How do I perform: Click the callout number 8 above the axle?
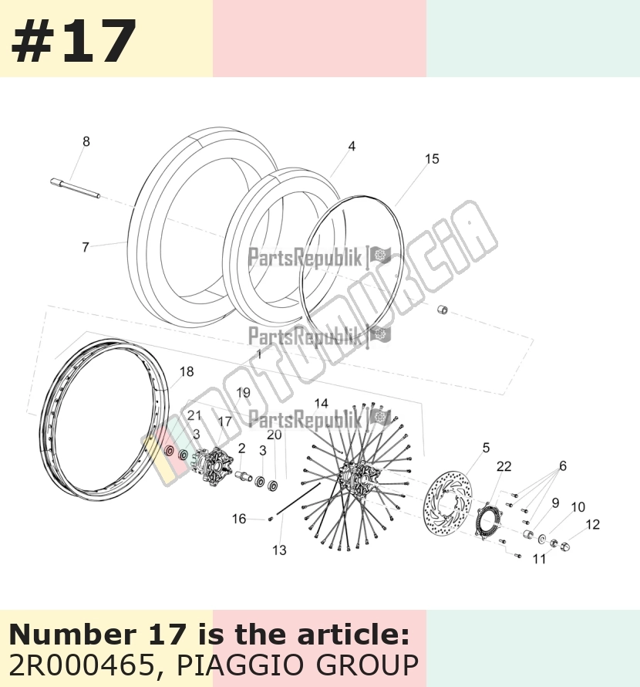point(86,141)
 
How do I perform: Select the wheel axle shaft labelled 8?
point(76,188)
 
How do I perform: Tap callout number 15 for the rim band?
point(432,159)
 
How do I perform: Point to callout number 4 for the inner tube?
point(352,147)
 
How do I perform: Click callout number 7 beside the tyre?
point(86,247)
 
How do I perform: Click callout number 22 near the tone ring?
point(504,466)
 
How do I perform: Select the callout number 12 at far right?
point(592,524)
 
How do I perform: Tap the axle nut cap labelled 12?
point(565,546)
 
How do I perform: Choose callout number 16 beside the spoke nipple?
point(238,519)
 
